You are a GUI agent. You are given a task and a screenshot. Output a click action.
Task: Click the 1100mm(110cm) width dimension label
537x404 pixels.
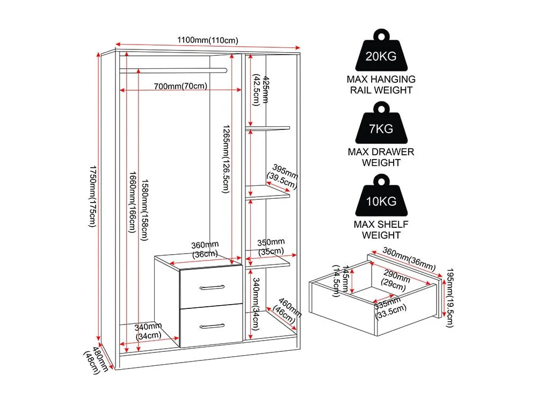207,40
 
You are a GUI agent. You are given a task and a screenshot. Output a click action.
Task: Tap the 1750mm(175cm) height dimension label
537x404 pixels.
93,196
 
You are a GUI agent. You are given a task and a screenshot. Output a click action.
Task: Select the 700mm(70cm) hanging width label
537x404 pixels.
180,86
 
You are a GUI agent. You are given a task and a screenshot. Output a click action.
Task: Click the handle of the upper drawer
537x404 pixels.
212,287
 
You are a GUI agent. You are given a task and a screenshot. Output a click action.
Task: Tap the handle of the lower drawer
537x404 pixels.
212,326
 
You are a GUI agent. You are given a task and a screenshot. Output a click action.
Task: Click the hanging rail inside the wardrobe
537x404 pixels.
173,70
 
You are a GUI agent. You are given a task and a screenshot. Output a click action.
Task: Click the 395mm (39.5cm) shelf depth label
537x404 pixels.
283,176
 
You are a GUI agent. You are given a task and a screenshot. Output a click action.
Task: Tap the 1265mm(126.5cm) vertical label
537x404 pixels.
226,159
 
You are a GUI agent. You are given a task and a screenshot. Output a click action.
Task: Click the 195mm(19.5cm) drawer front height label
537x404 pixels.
449,298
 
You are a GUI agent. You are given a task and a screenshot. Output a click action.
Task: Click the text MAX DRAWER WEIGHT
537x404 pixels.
381,157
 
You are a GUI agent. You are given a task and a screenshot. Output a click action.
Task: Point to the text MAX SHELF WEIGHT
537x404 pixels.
381,229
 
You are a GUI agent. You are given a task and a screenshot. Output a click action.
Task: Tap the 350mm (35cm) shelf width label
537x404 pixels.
271,247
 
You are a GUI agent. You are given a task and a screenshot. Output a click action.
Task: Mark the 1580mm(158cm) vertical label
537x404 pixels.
145,210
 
